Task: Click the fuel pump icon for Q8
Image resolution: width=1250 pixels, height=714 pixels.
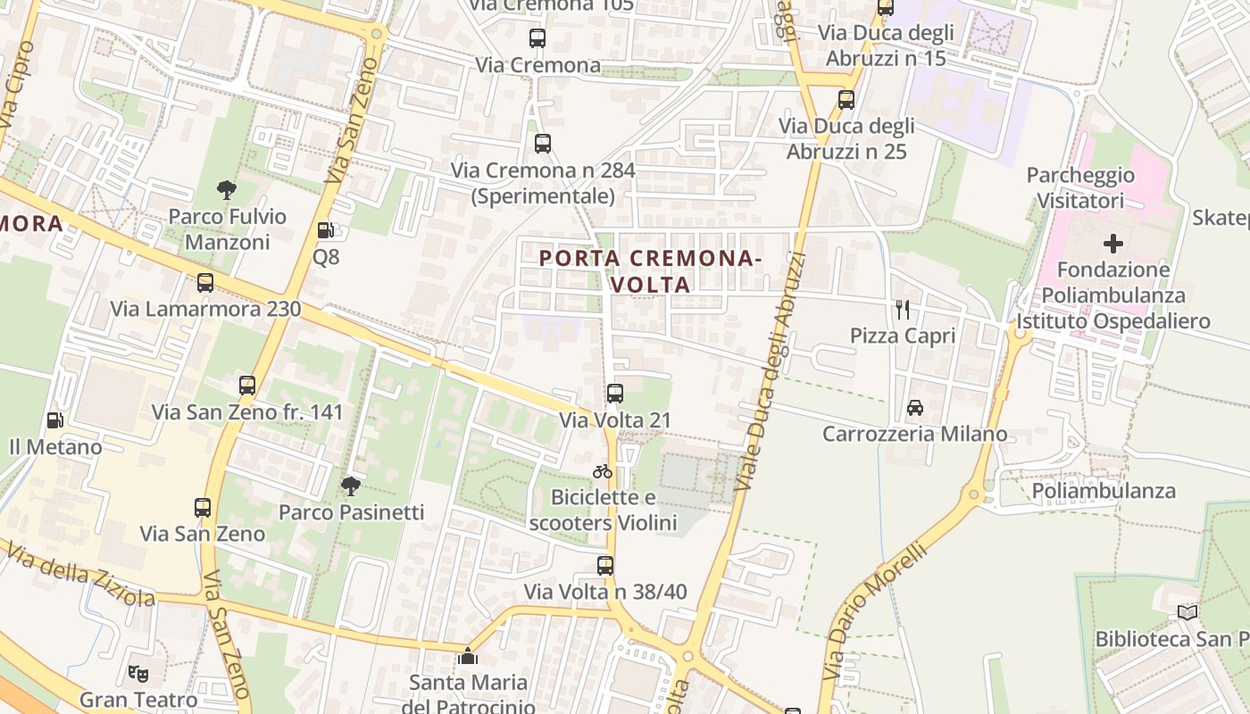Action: click(x=326, y=230)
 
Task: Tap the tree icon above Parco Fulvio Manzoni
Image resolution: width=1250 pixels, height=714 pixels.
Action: click(x=227, y=189)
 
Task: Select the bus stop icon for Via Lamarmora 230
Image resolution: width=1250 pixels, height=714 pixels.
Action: click(x=205, y=283)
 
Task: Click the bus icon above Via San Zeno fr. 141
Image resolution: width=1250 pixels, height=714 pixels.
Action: click(x=247, y=386)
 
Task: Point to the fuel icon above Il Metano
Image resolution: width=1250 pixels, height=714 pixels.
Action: click(x=55, y=419)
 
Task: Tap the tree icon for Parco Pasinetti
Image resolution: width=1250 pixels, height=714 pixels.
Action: click(x=350, y=486)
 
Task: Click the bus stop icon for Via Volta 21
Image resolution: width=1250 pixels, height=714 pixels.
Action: click(x=615, y=393)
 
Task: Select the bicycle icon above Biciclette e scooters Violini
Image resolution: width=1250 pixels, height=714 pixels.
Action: click(x=603, y=471)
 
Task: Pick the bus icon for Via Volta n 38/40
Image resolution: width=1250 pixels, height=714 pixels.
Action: click(x=605, y=565)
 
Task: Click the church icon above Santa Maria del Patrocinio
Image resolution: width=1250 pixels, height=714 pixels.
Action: click(x=467, y=656)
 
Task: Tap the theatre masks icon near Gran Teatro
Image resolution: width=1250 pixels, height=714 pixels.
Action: click(x=137, y=673)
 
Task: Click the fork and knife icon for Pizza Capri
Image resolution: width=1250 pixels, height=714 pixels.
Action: click(x=903, y=309)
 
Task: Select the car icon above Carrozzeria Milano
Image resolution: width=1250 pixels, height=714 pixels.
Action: click(x=915, y=408)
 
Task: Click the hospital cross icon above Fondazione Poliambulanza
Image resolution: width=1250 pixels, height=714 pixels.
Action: click(x=1113, y=243)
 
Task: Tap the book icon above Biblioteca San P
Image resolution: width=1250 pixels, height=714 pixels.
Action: click(x=1187, y=612)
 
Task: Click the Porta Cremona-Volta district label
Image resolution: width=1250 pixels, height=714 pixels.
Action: click(x=650, y=271)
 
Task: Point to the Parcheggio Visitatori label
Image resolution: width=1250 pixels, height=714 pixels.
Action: click(x=1080, y=187)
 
